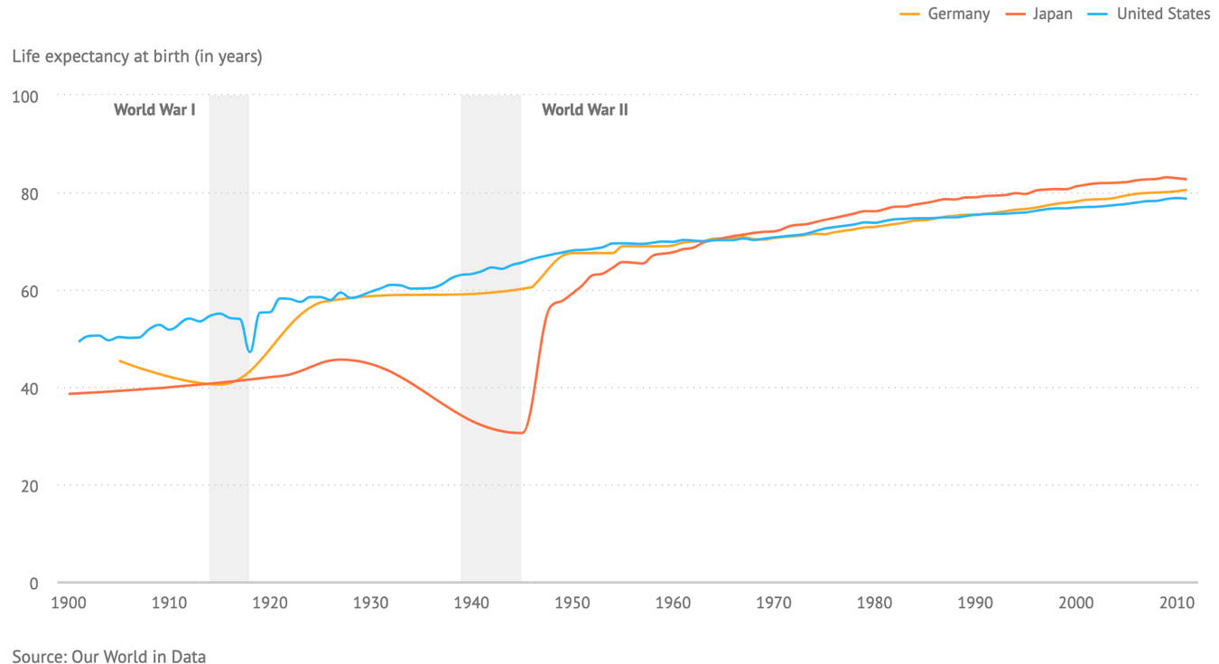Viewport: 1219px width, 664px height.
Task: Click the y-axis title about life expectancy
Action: click(x=137, y=56)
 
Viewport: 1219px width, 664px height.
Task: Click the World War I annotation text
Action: click(x=154, y=110)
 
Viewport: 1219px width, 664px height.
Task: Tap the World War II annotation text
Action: click(x=584, y=110)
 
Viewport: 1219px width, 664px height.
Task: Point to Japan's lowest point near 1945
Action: click(x=519, y=433)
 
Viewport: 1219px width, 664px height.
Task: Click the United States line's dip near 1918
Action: click(x=250, y=351)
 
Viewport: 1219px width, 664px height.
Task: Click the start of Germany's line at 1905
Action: click(x=120, y=360)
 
